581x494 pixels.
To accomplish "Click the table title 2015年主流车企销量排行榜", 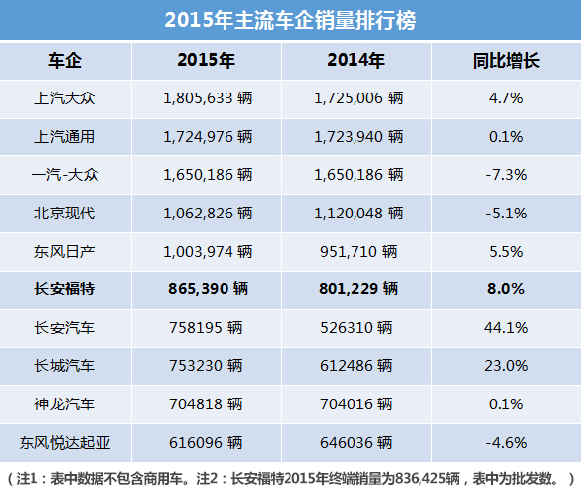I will coord(290,20).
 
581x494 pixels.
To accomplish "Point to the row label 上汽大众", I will coord(64,98).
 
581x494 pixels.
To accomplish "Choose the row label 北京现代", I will coord(64,213).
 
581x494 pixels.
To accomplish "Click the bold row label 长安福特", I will coord(64,289).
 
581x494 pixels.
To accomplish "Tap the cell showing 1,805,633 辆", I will coord(207,98).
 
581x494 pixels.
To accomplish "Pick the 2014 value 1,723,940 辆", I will coord(357,137).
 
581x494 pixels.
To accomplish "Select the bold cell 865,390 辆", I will coord(207,289).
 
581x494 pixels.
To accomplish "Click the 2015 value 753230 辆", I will coord(207,365).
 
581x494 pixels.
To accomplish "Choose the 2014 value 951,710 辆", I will coord(357,251).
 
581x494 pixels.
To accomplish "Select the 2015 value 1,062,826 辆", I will coord(207,213).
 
